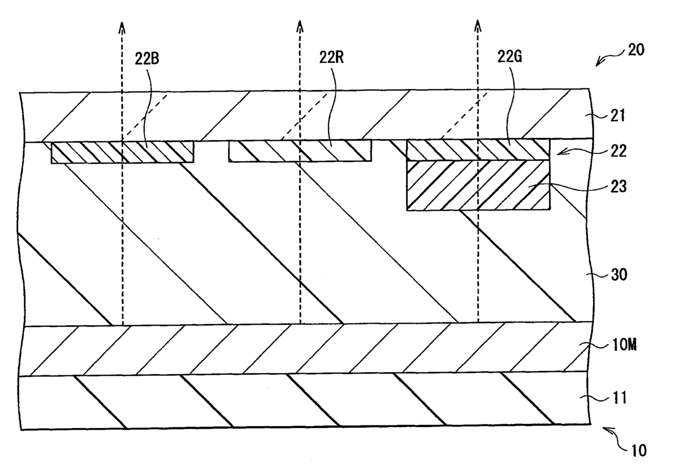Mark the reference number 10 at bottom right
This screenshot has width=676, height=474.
point(638,451)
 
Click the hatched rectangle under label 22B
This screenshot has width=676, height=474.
point(123,152)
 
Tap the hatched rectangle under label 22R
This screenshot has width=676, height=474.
point(300,151)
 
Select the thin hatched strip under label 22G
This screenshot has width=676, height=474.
point(478,149)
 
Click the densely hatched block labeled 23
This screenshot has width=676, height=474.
point(478,185)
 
